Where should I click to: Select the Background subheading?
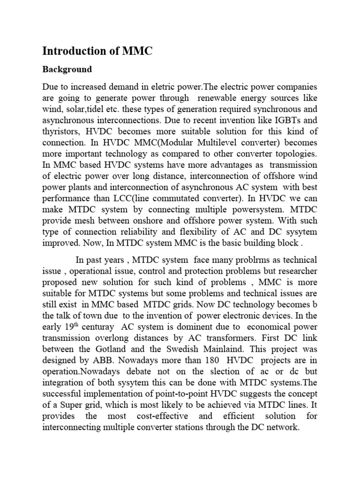click(x=67, y=69)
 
